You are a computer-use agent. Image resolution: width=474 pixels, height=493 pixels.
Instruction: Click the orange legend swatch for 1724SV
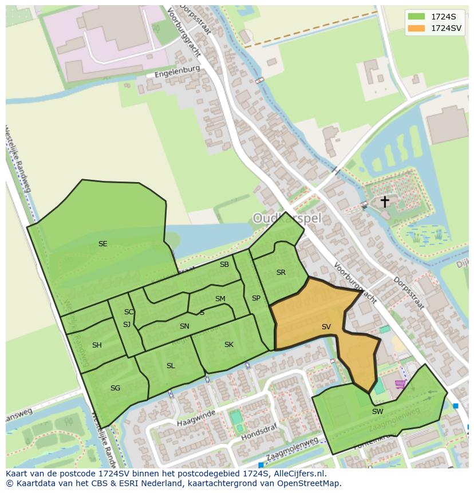(417, 27)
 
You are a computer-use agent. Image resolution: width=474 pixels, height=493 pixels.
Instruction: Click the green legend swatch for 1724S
(417, 16)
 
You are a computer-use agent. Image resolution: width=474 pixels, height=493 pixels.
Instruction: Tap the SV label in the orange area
(326, 327)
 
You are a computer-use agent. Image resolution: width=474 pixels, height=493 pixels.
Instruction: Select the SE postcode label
(102, 244)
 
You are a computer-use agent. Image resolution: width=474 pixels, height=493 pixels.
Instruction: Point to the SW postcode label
(377, 411)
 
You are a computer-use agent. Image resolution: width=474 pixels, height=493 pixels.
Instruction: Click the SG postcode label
(115, 388)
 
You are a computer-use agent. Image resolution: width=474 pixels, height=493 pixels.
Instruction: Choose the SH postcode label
(97, 345)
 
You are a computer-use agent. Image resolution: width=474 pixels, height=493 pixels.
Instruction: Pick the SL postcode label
(171, 366)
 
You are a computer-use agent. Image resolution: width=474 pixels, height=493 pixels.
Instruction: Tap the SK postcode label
(229, 345)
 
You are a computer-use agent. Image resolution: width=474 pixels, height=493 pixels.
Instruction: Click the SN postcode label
(184, 326)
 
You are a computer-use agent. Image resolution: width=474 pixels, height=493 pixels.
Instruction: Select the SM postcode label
(220, 299)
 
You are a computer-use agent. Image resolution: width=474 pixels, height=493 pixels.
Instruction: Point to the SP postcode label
(256, 298)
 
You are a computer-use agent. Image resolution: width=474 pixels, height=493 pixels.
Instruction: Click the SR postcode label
(281, 273)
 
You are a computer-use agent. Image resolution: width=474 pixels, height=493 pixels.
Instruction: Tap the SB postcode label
(224, 265)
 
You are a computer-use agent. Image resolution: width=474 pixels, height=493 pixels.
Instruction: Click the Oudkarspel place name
(287, 218)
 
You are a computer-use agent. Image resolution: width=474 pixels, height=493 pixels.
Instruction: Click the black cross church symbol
(385, 202)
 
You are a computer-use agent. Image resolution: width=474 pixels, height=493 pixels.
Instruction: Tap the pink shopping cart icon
(400, 384)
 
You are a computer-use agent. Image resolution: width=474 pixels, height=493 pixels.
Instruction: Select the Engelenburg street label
(177, 72)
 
